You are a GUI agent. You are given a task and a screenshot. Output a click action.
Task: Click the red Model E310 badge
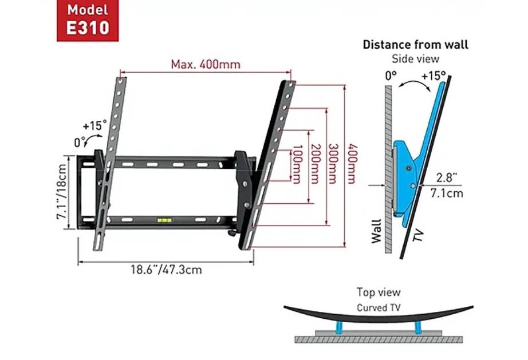pyautogui.click(x=87, y=20)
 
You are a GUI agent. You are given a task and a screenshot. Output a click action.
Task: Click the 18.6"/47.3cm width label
pyautogui.click(x=166, y=269)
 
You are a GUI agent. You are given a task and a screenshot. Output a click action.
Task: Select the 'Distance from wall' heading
pyautogui.click(x=415, y=45)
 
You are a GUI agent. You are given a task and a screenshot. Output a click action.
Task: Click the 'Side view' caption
pyautogui.click(x=415, y=58)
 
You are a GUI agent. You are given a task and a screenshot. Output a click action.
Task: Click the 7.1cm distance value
pyautogui.click(x=448, y=193)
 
